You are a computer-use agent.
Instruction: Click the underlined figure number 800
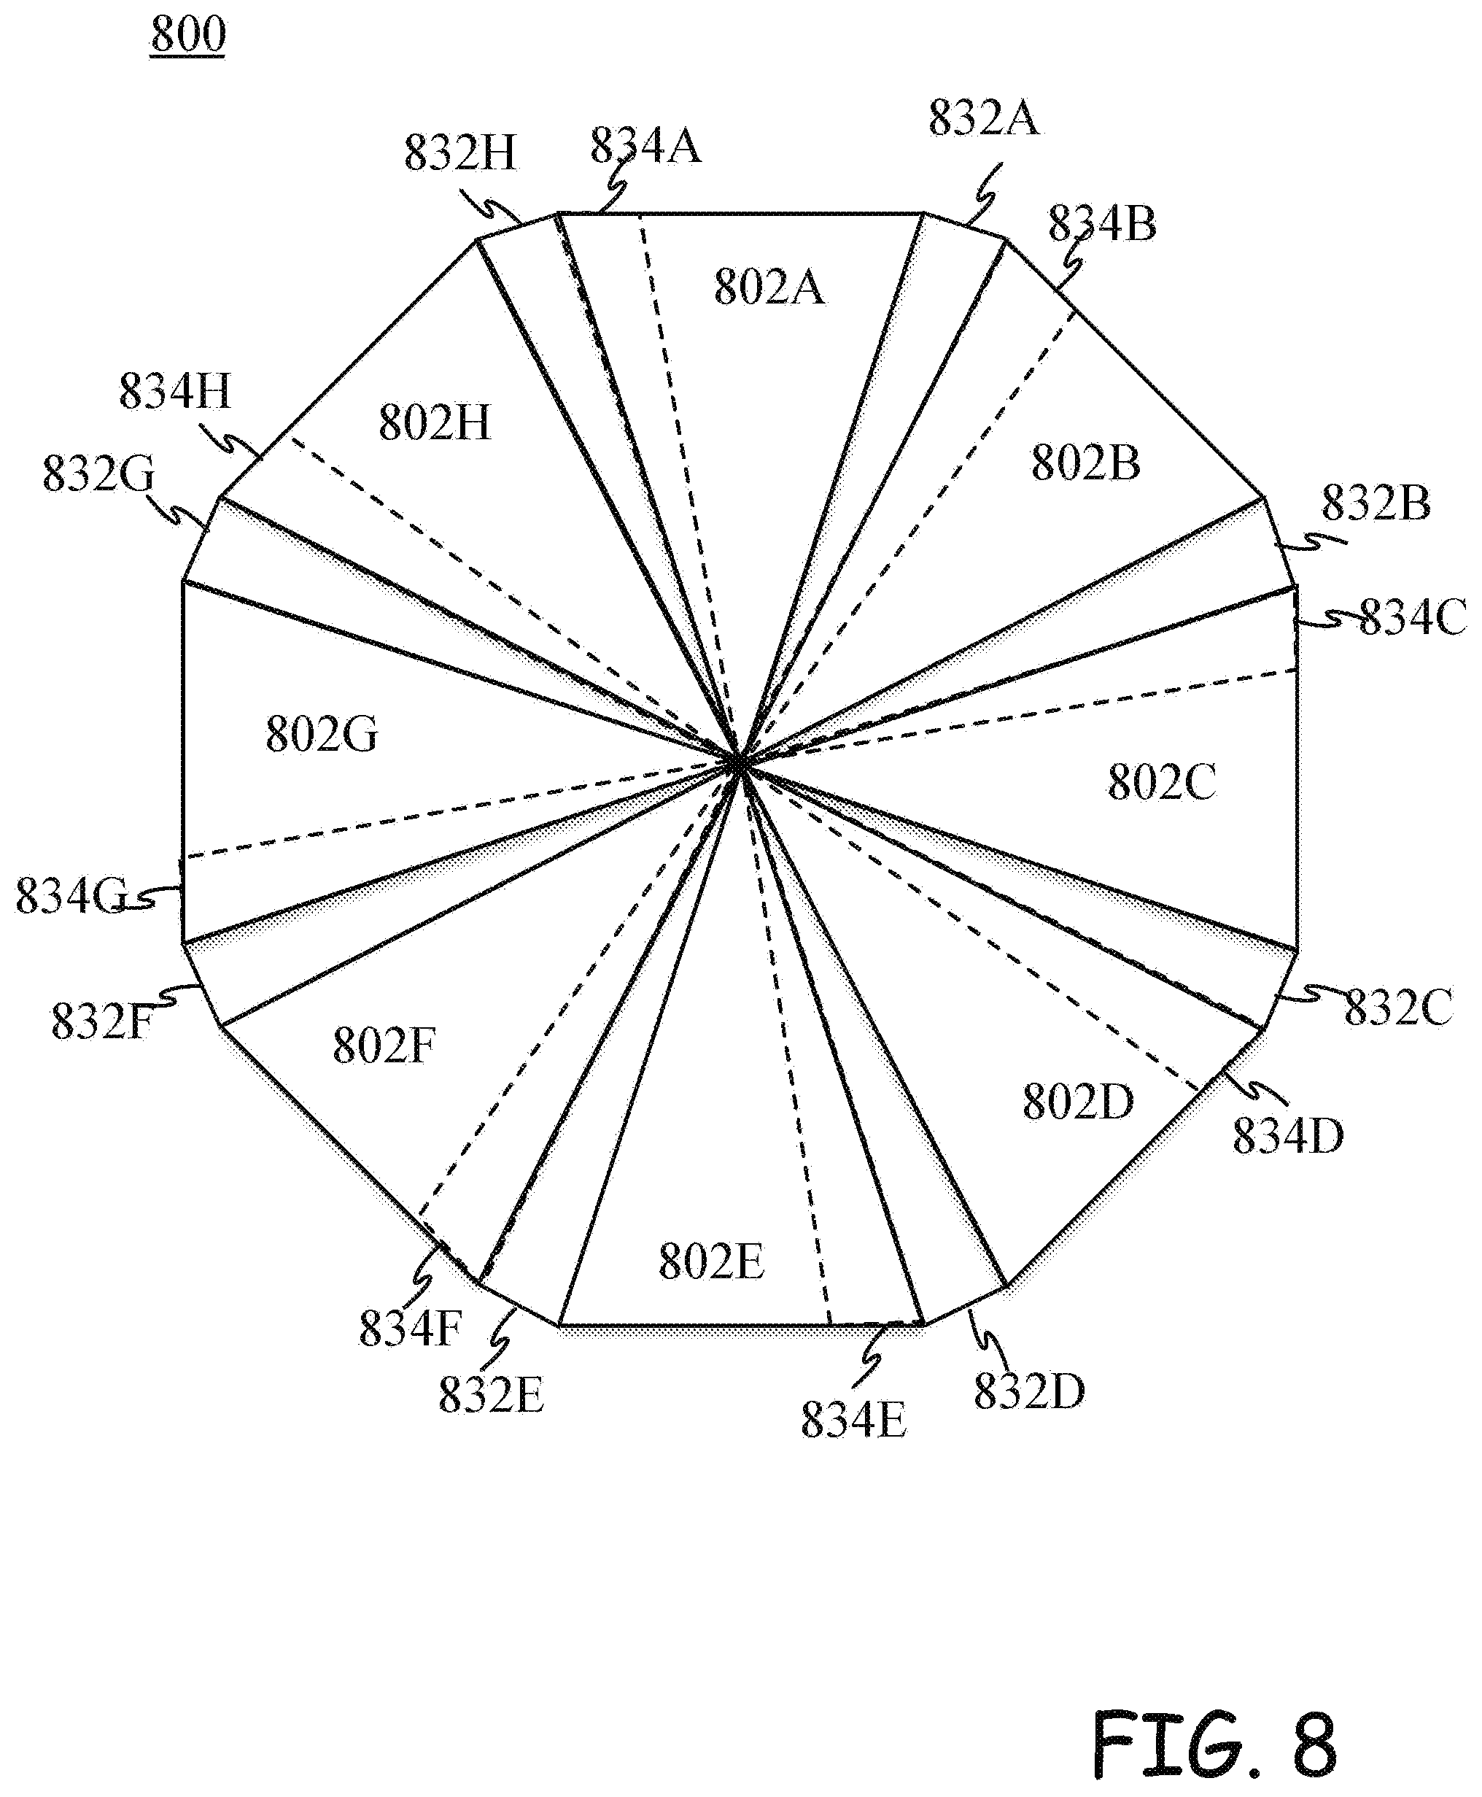click(x=188, y=35)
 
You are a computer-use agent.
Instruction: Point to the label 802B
click(x=1085, y=463)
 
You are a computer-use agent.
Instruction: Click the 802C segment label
click(x=1162, y=781)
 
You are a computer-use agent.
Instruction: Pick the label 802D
click(x=1078, y=1101)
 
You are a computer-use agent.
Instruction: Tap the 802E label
click(x=711, y=1261)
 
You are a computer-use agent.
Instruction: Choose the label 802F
click(x=384, y=1045)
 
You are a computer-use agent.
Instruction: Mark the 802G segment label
click(x=321, y=734)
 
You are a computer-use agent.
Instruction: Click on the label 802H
click(x=435, y=422)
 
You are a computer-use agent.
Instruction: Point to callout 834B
click(x=1102, y=224)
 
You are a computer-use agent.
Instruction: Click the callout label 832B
click(x=1376, y=503)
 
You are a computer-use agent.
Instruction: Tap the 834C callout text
click(x=1413, y=617)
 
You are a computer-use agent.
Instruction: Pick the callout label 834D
click(x=1288, y=1135)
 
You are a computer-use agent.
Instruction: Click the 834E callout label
click(x=854, y=1421)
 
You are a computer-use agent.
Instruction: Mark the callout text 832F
click(x=102, y=1021)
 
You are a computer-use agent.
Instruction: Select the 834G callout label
click(x=71, y=896)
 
